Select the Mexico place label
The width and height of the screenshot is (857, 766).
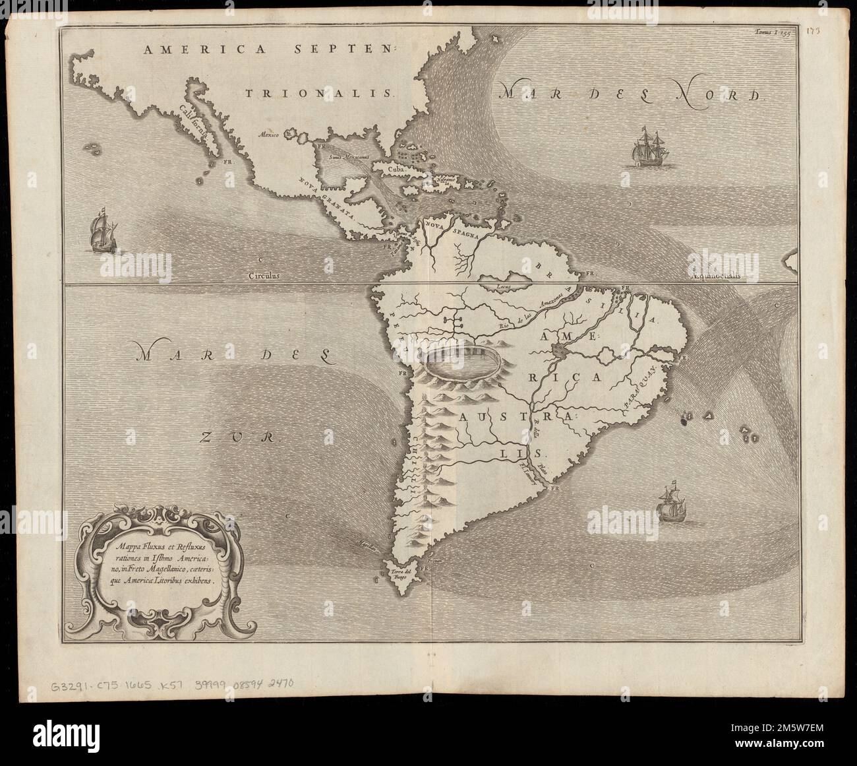269,134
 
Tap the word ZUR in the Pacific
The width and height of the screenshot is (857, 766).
239,436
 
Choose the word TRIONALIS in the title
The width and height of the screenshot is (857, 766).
320,94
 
